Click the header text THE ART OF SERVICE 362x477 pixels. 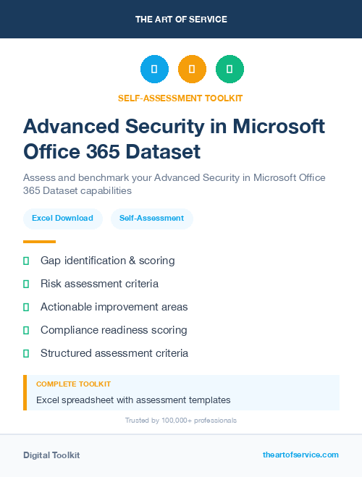coord(181,20)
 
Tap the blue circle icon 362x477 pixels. coord(154,69)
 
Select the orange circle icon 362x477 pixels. coord(192,69)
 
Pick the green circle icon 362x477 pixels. coord(230,69)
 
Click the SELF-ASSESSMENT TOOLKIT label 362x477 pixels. coord(180,98)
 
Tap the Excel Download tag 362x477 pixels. coord(62,218)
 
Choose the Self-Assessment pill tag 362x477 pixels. coord(151,218)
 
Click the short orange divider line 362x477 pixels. coord(39,242)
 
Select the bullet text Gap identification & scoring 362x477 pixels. coord(107,261)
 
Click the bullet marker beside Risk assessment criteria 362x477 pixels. coord(26,284)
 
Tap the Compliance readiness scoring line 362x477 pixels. coord(114,330)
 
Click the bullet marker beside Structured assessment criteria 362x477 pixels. coord(26,353)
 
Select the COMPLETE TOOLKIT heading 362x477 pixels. coord(73,384)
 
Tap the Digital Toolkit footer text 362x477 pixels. coord(51,455)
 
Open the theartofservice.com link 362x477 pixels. coord(300,455)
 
